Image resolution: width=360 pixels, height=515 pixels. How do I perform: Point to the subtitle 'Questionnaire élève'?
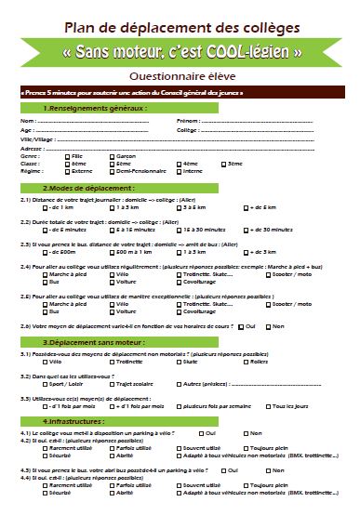coord(180,74)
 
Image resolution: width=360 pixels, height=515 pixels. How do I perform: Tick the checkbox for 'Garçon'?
coord(111,156)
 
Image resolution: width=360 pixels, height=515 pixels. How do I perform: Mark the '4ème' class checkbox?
coord(167,164)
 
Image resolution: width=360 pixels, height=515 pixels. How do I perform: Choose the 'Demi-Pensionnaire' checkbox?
coord(111,171)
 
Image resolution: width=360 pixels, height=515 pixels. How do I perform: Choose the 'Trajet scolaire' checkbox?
coord(111,384)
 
